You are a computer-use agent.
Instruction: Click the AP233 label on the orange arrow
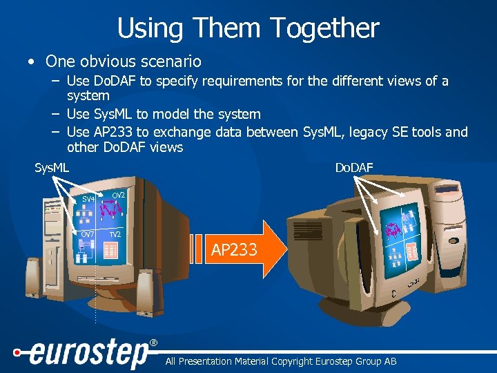(x=234, y=250)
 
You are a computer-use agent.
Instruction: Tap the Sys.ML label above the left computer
(x=52, y=167)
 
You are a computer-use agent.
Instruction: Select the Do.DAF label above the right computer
(x=353, y=167)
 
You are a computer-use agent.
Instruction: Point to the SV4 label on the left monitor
(x=88, y=200)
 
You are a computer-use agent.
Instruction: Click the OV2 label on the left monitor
(x=119, y=195)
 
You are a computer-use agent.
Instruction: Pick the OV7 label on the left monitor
(x=88, y=234)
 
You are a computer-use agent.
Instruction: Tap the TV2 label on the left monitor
(x=115, y=235)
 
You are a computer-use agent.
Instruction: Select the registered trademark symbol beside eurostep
(x=153, y=343)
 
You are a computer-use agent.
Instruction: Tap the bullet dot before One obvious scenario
(x=31, y=61)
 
